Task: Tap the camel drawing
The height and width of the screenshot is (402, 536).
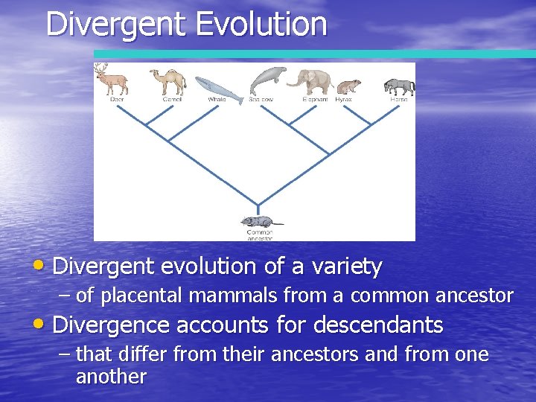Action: [x=168, y=80]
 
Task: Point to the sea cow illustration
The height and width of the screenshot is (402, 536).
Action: [x=267, y=80]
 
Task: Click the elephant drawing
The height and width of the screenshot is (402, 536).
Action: [x=313, y=81]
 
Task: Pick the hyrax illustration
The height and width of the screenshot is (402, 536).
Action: [x=347, y=86]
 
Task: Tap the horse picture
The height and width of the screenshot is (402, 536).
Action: [x=400, y=86]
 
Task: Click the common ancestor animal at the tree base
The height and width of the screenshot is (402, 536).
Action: [x=258, y=221]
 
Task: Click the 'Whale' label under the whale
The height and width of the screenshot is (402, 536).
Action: [x=217, y=100]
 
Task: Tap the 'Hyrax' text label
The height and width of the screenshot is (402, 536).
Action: [x=343, y=100]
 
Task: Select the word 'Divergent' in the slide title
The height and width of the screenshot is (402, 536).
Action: [x=115, y=24]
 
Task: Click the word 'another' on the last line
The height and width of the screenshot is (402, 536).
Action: [x=111, y=376]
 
